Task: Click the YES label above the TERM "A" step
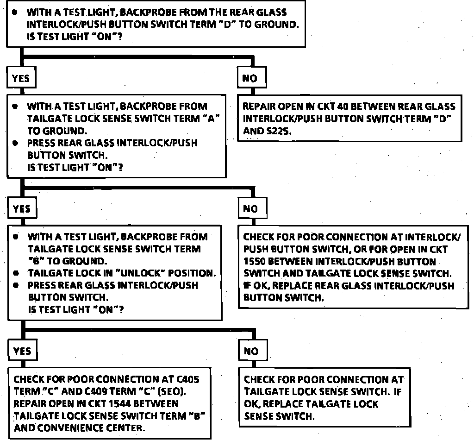(x=21, y=78)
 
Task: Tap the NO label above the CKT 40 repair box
(x=249, y=78)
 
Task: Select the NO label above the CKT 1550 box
(x=250, y=209)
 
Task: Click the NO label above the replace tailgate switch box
(x=251, y=351)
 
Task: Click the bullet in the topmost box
(x=15, y=13)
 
